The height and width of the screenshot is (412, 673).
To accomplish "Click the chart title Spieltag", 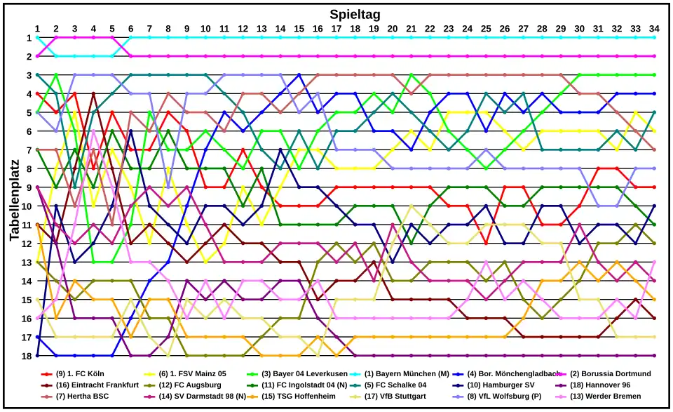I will tap(355, 14).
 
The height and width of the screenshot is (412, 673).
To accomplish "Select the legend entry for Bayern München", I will tap(406, 373).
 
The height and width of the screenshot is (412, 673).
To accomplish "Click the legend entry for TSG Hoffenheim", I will tap(295, 397).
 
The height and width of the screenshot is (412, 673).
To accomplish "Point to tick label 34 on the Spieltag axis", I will tap(654, 29).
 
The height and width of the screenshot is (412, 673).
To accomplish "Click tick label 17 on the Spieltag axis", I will tap(336, 29).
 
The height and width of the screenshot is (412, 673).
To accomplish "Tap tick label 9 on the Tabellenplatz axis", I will tap(28, 187).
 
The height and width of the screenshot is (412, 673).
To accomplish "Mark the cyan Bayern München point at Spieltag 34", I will tap(654, 37).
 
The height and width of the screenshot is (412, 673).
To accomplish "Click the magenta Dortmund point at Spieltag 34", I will tap(654, 56).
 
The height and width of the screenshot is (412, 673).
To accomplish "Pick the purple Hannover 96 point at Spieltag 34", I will tap(654, 356).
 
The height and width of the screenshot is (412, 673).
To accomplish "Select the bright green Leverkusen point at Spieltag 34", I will tap(654, 75).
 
